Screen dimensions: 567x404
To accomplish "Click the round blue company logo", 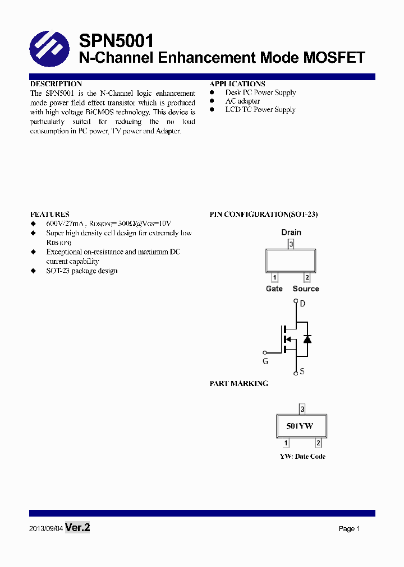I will pyautogui.click(x=49, y=49).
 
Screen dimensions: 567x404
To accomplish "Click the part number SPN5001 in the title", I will pyautogui.click(x=116, y=40).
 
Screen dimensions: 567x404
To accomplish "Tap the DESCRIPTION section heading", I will pyautogui.click(x=56, y=84).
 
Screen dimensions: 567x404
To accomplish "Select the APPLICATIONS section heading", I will pyautogui.click(x=237, y=84).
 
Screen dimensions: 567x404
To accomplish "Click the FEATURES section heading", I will pyautogui.click(x=50, y=214).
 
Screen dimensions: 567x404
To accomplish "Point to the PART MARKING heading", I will pyautogui.click(x=238, y=384).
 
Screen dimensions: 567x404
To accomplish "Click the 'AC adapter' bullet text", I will pyautogui.click(x=242, y=101).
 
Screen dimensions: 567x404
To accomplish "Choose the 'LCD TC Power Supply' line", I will pyautogui.click(x=260, y=110).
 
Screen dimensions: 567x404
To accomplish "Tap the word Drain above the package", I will pyautogui.click(x=291, y=232).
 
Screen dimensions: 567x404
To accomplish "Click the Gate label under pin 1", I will pyautogui.click(x=274, y=289).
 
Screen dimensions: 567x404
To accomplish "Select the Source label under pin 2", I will pyautogui.click(x=306, y=289).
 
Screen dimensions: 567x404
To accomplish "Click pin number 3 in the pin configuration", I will pyautogui.click(x=291, y=244).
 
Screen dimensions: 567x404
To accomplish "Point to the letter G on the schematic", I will pyautogui.click(x=265, y=361).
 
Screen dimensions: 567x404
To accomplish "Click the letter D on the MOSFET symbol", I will pyautogui.click(x=302, y=304).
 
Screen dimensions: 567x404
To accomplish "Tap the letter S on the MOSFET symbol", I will pyautogui.click(x=302, y=371).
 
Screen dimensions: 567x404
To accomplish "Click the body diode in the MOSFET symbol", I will pyautogui.click(x=307, y=339).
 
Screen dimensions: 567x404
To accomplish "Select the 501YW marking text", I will pyautogui.click(x=300, y=426).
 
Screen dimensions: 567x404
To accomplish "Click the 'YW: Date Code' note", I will pyautogui.click(x=302, y=457).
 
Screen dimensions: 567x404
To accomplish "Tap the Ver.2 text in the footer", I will pyautogui.click(x=77, y=528).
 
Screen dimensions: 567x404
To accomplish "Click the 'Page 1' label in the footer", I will pyautogui.click(x=349, y=529).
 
